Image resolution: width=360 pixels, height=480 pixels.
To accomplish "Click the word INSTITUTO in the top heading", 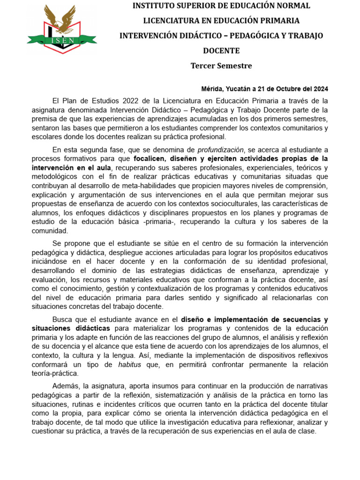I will click(x=154, y=6).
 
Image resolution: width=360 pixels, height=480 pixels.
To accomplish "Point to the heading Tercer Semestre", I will click(x=221, y=66).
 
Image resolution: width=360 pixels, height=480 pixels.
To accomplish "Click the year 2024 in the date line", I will click(x=320, y=89).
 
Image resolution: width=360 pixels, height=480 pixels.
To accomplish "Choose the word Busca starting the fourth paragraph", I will click(x=63, y=319).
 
